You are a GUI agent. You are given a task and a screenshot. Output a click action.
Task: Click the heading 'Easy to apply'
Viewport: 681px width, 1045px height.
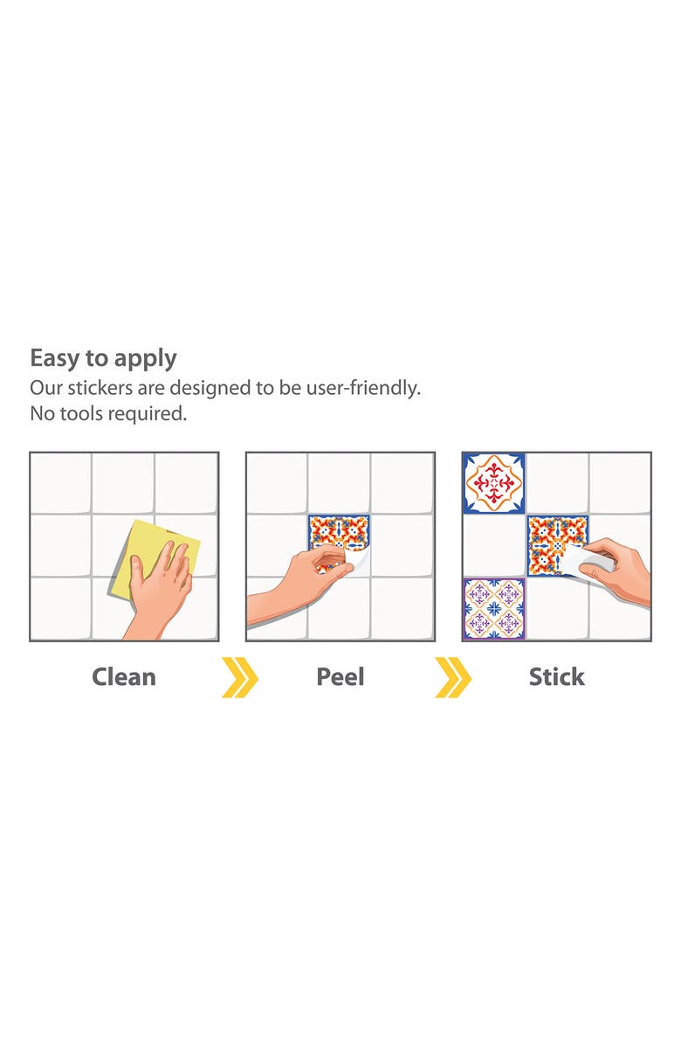(x=103, y=358)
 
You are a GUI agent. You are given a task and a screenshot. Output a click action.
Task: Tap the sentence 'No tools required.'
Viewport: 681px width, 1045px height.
(x=108, y=413)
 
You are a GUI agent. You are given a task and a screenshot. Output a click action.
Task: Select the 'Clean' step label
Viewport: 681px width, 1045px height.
(x=124, y=676)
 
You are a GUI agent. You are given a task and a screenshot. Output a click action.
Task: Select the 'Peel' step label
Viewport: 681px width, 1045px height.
(x=340, y=676)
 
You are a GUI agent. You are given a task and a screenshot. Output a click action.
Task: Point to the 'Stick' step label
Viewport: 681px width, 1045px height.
(x=556, y=676)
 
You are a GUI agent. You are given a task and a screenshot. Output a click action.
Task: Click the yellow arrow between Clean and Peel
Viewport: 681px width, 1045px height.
(x=239, y=677)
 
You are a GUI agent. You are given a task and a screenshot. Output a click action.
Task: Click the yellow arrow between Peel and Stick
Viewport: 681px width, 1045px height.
(x=453, y=677)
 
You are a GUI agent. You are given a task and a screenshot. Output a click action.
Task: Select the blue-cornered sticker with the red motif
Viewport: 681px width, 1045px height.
(x=494, y=483)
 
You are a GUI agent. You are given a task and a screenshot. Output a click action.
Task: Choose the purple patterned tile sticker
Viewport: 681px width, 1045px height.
(x=494, y=608)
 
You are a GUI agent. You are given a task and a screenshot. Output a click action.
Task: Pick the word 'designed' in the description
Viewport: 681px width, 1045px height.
(x=204, y=389)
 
